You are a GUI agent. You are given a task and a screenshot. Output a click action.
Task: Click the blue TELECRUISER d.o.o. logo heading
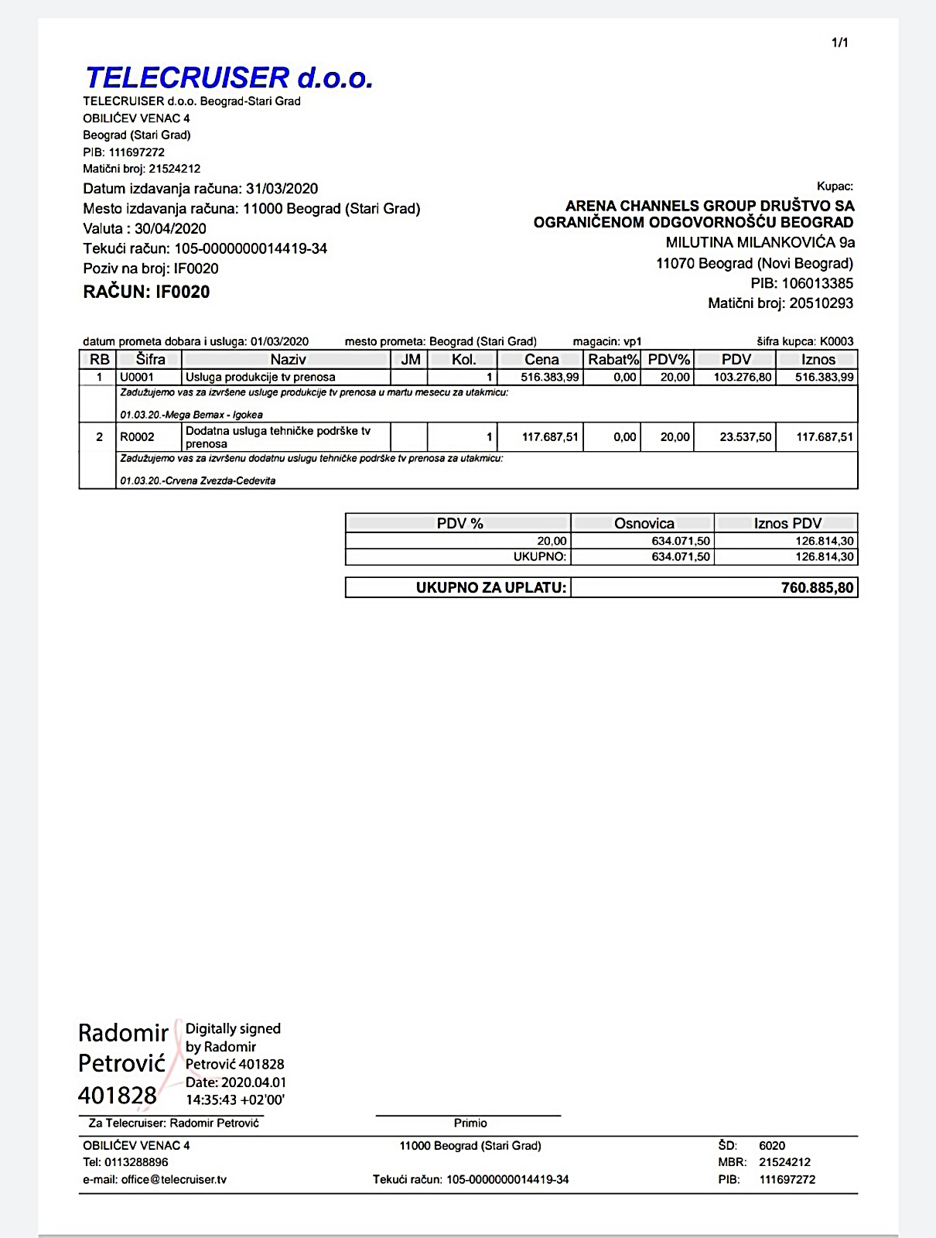coord(229,77)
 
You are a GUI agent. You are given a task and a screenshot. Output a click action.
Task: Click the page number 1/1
coord(839,43)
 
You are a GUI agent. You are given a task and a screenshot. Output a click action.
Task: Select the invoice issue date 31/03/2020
coord(282,189)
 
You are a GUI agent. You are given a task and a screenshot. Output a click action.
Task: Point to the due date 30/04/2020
coord(170,229)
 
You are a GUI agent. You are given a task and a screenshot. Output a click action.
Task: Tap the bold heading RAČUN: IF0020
coord(146,292)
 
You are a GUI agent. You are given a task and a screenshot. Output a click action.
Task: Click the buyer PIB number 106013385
coord(817,283)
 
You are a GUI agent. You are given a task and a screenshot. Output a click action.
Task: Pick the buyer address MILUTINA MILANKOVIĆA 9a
coord(749,243)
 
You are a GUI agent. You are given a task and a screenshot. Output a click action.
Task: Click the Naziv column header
coord(288,359)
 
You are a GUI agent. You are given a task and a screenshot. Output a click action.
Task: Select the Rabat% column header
coord(613,359)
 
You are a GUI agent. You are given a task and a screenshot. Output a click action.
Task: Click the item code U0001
coord(137,377)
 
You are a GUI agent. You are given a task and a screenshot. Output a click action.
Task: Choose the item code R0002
coord(137,437)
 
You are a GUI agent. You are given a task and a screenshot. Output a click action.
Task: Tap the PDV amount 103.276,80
coord(736,377)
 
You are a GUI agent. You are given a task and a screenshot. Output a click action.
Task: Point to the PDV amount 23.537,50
coord(745,437)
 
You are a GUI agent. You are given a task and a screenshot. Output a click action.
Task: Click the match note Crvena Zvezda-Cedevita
coord(220,480)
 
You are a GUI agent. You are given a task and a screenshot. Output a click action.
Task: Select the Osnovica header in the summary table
coord(644,523)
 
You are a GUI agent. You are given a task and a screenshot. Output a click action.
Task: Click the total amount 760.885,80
coord(817,587)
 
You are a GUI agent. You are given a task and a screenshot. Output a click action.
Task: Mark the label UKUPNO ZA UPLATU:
coord(491,587)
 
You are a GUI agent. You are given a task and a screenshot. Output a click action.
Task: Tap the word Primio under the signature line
coord(470,1123)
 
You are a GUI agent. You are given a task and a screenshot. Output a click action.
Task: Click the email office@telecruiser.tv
coord(174,1180)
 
